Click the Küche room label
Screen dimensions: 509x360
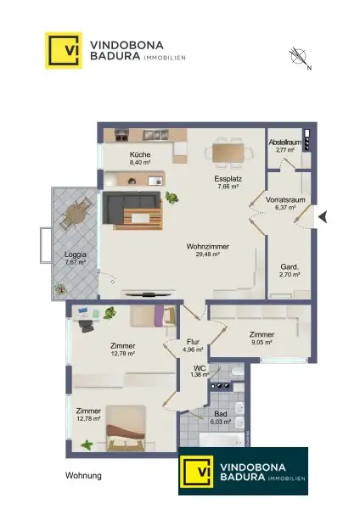(140, 155)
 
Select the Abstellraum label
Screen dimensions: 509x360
(284, 142)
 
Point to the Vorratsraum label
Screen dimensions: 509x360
(285, 199)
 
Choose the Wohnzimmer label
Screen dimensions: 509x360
(209, 246)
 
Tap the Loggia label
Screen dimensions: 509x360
(76, 255)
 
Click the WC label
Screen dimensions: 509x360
(201, 366)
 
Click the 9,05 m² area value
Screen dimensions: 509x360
(262, 343)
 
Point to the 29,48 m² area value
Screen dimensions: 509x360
(209, 255)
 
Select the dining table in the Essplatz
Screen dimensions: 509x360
(228, 153)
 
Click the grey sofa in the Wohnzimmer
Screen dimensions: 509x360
(132, 210)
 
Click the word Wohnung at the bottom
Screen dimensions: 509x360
(83, 476)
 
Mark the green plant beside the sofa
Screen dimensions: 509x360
(172, 199)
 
